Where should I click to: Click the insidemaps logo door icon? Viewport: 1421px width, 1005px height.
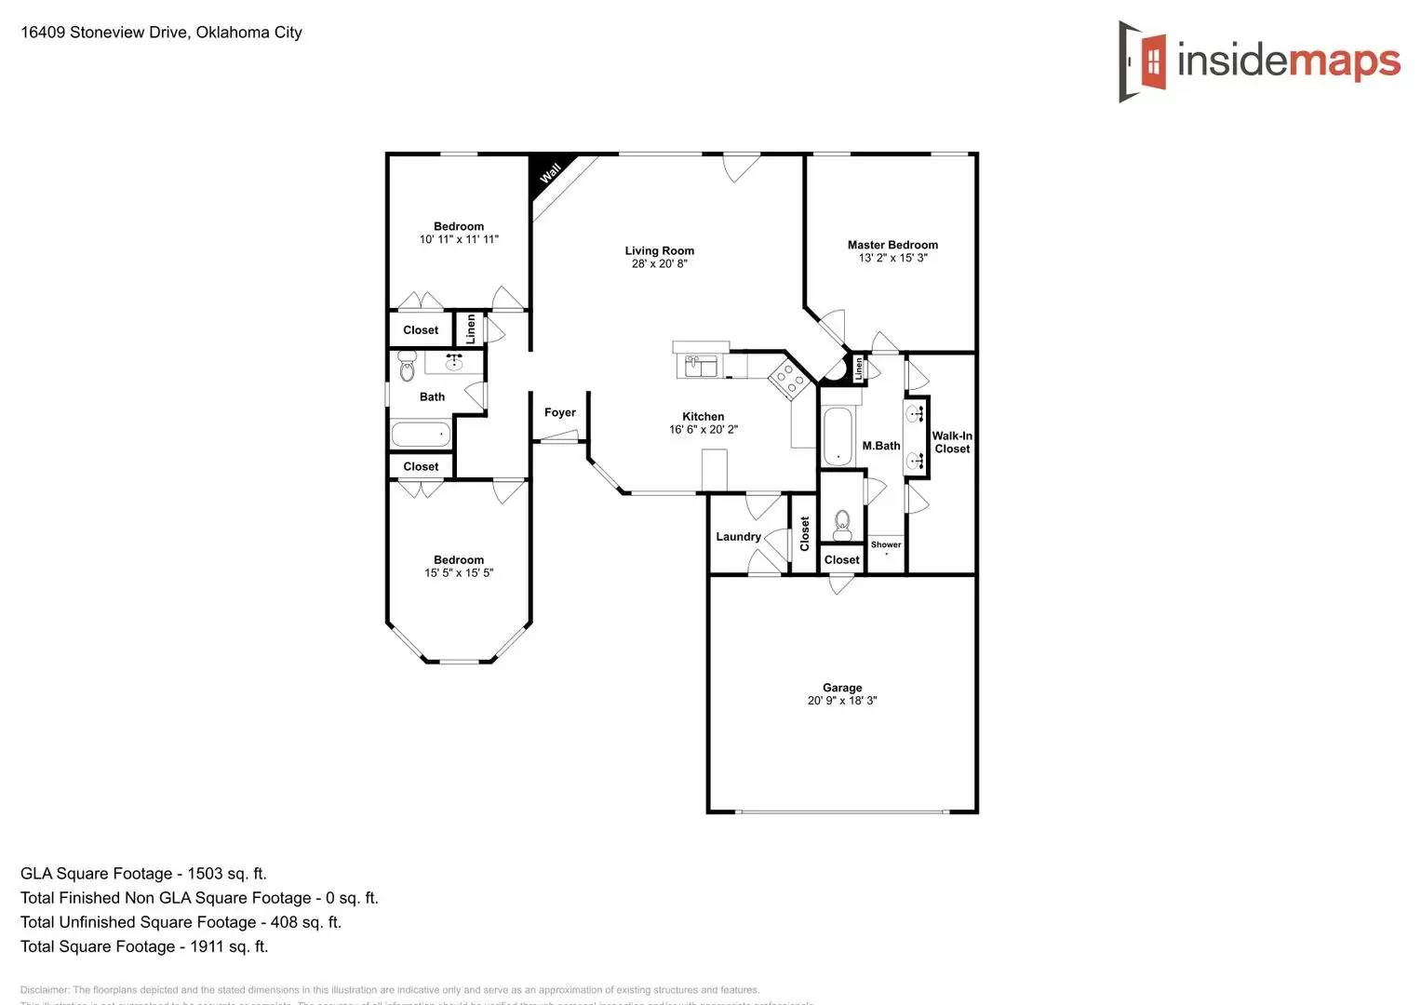tap(1144, 61)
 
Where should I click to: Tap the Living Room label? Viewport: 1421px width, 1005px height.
tap(659, 250)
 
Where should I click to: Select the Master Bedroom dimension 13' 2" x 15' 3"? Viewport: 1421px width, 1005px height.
tap(892, 258)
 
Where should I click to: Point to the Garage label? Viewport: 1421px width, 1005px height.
tap(841, 688)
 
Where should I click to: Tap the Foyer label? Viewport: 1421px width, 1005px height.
tap(559, 412)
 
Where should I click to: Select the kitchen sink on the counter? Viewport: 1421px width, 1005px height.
tap(701, 366)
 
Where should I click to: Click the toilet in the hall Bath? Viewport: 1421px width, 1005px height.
tap(407, 367)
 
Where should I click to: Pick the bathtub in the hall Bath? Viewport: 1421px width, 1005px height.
tap(421, 434)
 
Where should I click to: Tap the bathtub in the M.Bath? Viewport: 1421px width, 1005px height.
tap(837, 435)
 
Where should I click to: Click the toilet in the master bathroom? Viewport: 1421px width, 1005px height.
tap(842, 524)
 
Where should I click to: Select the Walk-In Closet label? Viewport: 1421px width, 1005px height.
tap(952, 442)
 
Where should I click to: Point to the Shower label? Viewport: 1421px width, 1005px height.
tap(885, 544)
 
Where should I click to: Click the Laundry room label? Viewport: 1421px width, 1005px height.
tap(738, 537)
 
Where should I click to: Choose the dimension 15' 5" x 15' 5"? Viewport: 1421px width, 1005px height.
tap(459, 573)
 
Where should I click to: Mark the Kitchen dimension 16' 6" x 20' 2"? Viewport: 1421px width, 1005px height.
tap(703, 430)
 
